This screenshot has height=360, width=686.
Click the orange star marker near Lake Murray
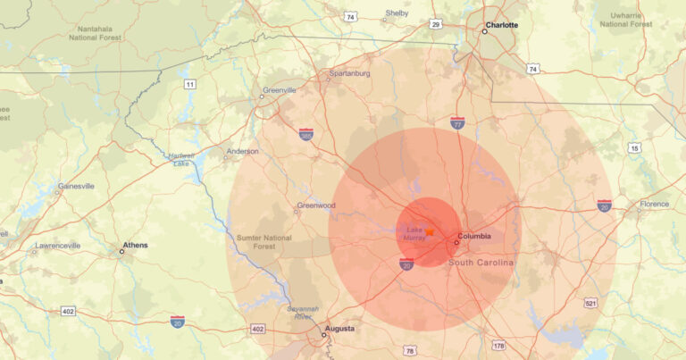point(430,230)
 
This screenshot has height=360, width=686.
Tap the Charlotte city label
point(501,25)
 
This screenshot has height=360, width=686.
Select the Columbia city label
point(473,237)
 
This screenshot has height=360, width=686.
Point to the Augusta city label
point(339,329)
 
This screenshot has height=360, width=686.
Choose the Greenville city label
point(279,91)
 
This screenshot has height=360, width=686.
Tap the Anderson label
point(243,151)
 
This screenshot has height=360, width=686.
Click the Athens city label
point(136,245)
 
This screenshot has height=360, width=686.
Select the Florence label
point(654,204)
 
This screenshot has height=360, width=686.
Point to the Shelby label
point(397,13)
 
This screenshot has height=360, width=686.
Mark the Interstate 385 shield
point(306,134)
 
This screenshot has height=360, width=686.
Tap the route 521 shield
point(590,303)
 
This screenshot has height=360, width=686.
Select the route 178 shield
point(498,345)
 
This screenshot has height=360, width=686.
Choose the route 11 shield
point(189,84)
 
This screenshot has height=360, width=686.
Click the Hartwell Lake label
point(181,159)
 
